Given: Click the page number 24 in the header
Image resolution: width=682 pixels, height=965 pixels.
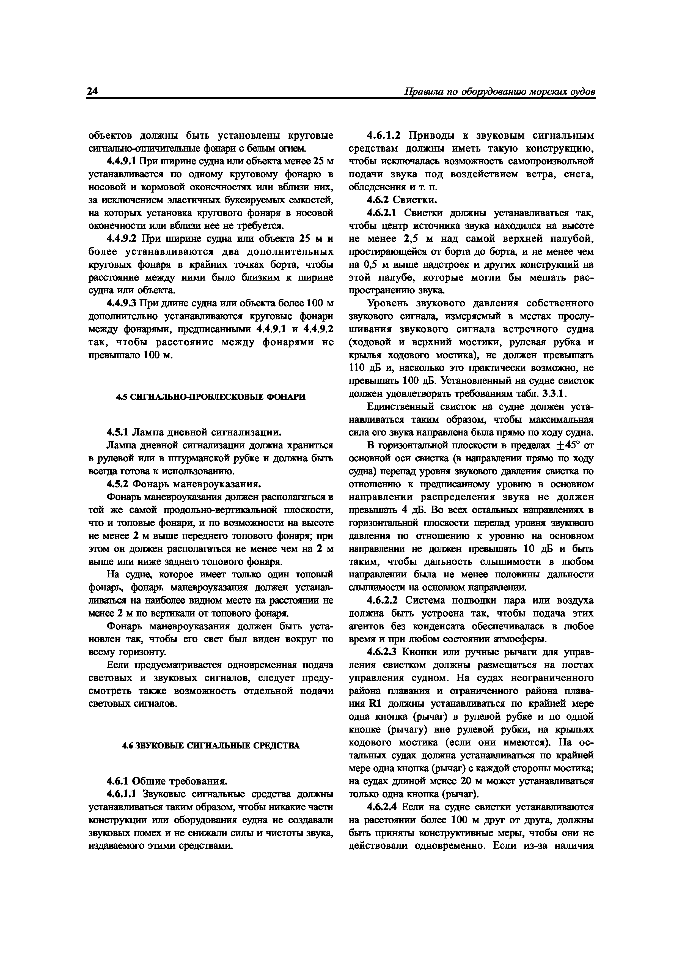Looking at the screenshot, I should pyautogui.click(x=92, y=92).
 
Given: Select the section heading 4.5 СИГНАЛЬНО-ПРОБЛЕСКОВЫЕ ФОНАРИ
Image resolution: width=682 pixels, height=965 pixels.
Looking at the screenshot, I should pyautogui.click(x=211, y=397).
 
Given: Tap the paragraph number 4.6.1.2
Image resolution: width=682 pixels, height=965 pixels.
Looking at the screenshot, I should pyautogui.click(x=384, y=136).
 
